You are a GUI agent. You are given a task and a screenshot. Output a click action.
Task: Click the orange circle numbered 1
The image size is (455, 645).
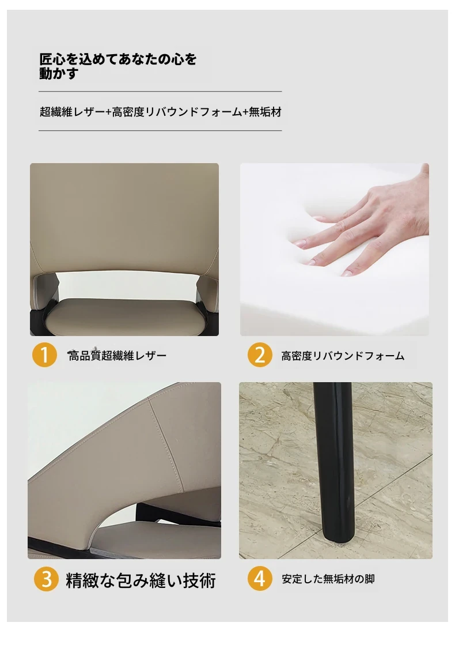point(44,354)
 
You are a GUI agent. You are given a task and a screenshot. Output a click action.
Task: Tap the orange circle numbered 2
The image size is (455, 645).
point(260,354)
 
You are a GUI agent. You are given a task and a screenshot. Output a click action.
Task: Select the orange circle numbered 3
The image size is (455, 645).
point(47,579)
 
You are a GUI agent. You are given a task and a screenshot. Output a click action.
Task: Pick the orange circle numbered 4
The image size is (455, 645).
point(260,578)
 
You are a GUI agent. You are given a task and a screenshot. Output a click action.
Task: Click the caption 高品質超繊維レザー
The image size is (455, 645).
point(117,356)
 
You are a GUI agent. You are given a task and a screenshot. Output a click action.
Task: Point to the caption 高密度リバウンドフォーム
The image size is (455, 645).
point(343,356)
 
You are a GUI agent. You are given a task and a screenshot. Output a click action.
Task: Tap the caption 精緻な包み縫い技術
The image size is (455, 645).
point(141,580)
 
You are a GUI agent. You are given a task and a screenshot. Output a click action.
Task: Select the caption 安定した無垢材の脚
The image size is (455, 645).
point(328,579)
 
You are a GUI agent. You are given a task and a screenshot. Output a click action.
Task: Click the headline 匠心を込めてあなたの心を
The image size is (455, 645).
point(118,59)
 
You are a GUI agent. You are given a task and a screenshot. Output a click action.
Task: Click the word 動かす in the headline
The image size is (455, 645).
point(59,73)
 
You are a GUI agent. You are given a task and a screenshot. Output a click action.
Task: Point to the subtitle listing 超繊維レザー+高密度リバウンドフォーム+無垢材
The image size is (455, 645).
point(161,111)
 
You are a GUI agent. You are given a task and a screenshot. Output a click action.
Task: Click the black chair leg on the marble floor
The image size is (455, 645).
point(333,461)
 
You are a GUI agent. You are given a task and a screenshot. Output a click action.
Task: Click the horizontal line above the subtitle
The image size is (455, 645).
point(160,91)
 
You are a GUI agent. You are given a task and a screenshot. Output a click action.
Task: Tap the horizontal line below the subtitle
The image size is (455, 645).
point(160,130)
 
